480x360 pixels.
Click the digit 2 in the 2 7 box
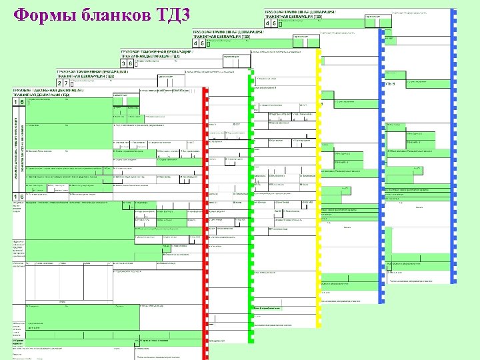tap(59, 83)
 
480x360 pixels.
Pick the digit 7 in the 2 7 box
tap(66, 83)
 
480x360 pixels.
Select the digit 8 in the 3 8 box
tap(131, 63)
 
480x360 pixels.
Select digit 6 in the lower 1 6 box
tap(22, 197)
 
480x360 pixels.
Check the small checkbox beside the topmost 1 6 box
tap(28, 103)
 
